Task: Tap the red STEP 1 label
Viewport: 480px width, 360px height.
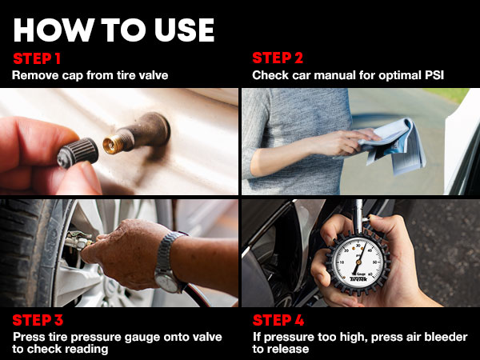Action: [x=37, y=58]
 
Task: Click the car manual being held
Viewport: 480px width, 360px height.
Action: [x=397, y=149]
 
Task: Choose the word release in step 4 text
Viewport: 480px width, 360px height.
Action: [x=279, y=350]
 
